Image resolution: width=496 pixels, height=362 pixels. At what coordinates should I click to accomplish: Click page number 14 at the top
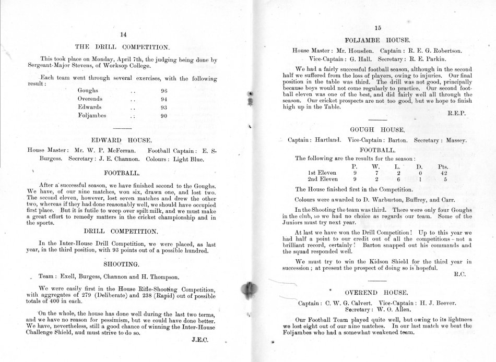123,34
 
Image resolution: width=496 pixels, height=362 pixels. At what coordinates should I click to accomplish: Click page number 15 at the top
378,28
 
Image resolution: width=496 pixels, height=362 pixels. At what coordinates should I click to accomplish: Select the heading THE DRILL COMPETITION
123,46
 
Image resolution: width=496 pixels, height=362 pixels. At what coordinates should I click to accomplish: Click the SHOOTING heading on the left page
123,264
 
